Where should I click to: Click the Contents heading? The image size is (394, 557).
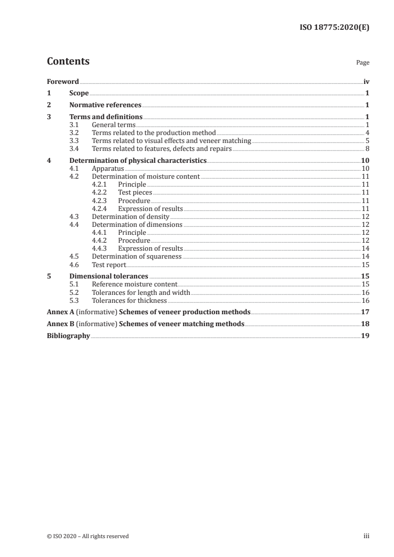point(68,62)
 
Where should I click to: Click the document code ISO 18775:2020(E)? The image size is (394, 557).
point(335,28)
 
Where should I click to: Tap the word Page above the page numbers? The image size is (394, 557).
point(363,63)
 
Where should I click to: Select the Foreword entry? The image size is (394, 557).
point(63,81)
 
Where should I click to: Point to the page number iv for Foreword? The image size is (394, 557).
point(366,81)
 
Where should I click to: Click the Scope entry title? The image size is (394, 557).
point(79,93)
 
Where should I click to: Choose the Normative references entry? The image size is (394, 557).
point(105,105)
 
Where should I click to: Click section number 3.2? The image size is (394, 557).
point(74,133)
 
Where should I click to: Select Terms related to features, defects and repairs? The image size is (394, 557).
point(162,148)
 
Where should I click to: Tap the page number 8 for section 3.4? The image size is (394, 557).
point(367,148)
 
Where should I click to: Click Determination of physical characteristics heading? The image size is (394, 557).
point(138,160)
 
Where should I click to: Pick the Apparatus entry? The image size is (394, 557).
point(108,168)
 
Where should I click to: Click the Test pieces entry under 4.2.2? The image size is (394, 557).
point(135,192)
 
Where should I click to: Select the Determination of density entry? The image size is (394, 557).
point(131,216)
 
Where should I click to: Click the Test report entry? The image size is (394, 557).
point(109,265)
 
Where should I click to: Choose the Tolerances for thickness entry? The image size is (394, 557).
point(129,300)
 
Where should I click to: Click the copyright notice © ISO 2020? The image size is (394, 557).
point(87,536)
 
